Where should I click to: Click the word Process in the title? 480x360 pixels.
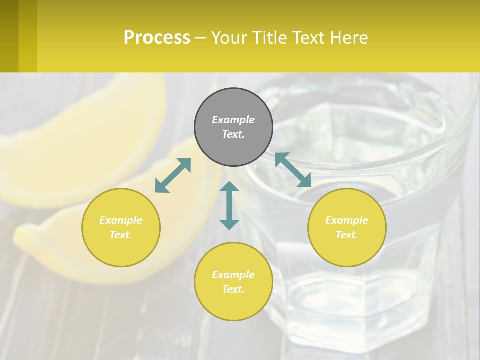[x=157, y=38]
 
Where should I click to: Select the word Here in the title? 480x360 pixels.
[x=350, y=38]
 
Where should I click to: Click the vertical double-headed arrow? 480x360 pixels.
[x=229, y=205]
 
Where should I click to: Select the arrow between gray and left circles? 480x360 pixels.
[x=173, y=175]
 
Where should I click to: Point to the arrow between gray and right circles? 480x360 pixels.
[x=293, y=170]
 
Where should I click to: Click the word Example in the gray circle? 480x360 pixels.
[x=233, y=120]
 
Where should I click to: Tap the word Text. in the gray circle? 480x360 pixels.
[x=233, y=134]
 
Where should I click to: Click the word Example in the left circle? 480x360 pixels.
[x=121, y=220]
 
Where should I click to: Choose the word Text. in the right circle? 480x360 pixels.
[x=347, y=235]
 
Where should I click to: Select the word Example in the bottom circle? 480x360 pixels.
[x=233, y=275]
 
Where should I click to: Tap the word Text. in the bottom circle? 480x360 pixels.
[x=233, y=289]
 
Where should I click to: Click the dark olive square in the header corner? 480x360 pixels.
[x=9, y=36]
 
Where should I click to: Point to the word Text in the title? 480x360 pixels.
[x=306, y=38]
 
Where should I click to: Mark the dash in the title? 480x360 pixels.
[x=200, y=38]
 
